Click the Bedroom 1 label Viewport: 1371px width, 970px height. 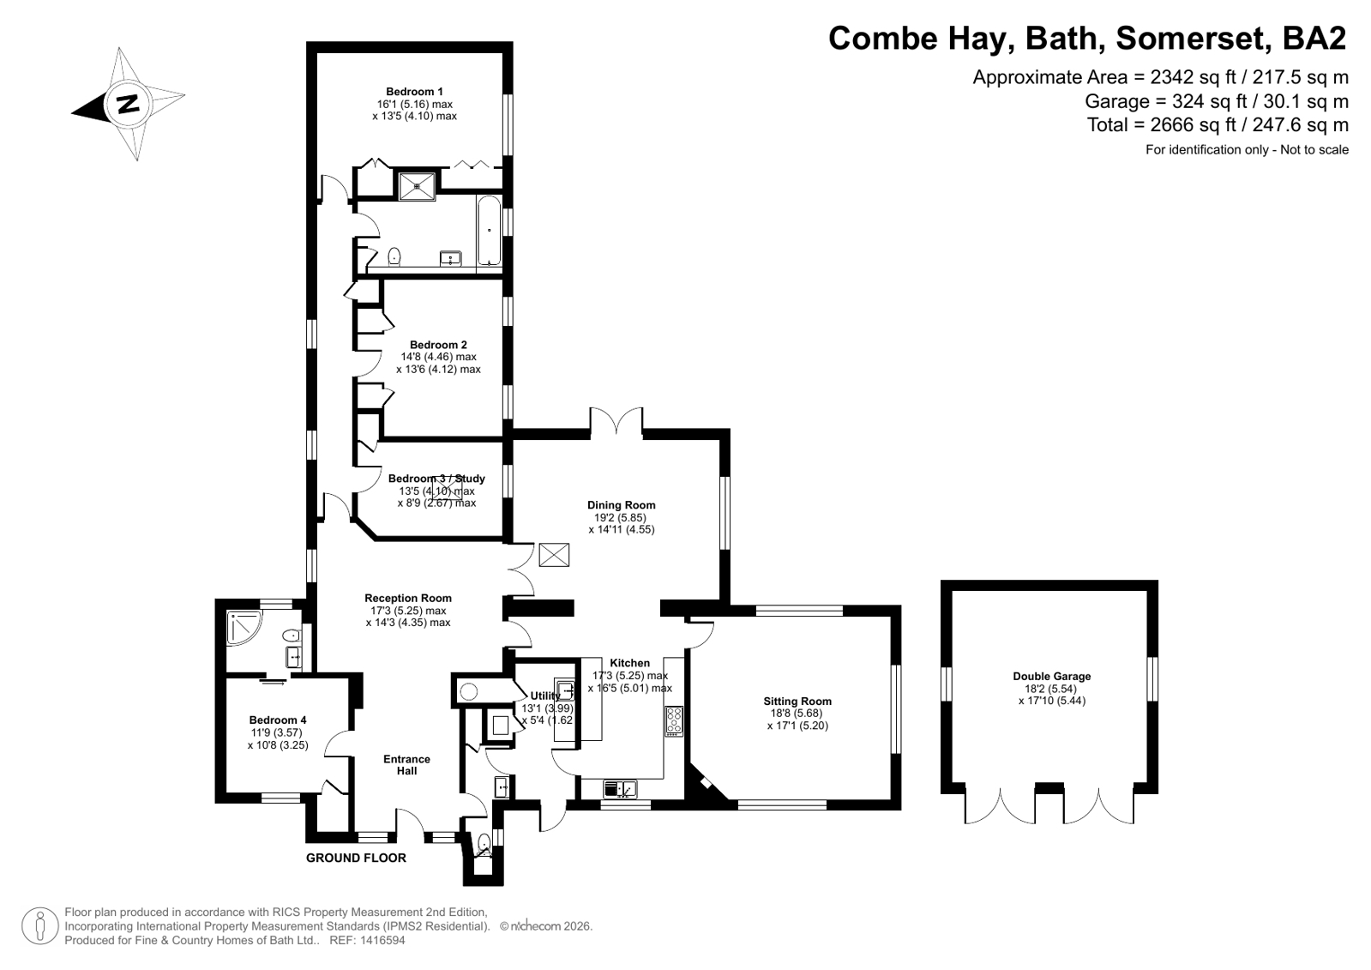coord(414,92)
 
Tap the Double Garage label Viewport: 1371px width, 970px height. coord(1051,676)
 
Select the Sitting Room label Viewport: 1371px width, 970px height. coord(797,702)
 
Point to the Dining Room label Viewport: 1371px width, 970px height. coord(622,505)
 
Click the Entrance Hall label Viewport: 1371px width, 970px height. coord(407,765)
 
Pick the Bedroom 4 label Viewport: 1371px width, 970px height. coord(278,720)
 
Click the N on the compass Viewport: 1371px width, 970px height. coord(128,104)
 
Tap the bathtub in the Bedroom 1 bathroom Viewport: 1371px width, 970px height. coord(489,231)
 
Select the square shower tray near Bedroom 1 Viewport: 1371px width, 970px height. coord(418,186)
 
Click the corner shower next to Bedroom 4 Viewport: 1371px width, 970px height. coord(243,628)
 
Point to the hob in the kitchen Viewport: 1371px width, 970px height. coord(674,721)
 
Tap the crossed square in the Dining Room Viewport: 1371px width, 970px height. coord(554,555)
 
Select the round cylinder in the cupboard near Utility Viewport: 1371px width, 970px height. coord(469,692)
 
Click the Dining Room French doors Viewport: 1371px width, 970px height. coord(616,421)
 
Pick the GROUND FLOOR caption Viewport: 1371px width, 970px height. coord(356,858)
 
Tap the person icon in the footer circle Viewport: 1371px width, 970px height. coord(40,925)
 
